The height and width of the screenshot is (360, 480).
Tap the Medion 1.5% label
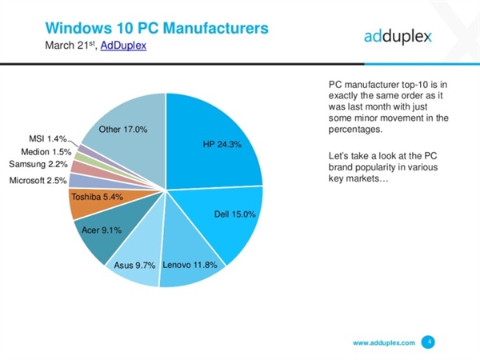pos(46,150)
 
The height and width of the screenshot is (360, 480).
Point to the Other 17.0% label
pos(122,129)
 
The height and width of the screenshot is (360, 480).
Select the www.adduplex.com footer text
pos(384,342)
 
